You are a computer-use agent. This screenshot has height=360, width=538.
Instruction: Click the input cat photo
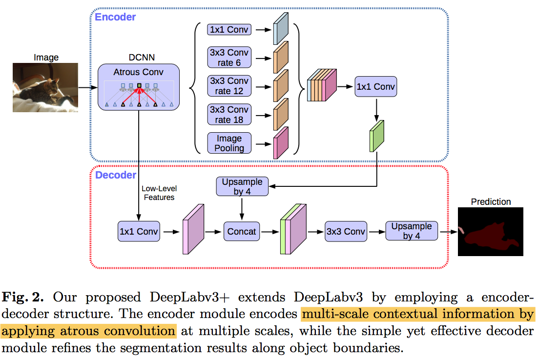pos(45,88)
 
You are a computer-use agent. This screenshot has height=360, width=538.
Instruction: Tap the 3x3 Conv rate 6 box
pos(229,58)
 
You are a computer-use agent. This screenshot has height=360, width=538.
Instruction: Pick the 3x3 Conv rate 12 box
pos(229,85)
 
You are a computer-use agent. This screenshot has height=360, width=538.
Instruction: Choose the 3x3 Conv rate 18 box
pos(229,114)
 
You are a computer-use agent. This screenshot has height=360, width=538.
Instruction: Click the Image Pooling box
pos(229,142)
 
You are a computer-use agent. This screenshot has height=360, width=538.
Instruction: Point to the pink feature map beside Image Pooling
pos(281,143)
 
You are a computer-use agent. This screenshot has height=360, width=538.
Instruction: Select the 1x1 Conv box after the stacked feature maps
pos(375,87)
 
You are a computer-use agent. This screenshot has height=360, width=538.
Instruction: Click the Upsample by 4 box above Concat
pos(242,186)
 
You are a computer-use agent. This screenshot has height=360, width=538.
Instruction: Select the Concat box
pos(242,232)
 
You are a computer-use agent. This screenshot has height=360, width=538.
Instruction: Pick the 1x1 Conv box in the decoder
pos(139,232)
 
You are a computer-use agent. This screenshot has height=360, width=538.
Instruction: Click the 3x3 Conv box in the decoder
pos(346,232)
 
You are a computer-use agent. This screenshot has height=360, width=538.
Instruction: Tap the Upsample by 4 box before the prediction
pos(412,231)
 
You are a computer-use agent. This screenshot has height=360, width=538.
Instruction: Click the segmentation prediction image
pos(491,231)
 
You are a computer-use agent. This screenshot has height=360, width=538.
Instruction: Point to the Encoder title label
pos(115,17)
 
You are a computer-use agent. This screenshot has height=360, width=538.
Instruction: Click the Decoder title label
pos(116,175)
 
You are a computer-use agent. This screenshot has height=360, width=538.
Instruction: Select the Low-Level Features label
pos(159,193)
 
